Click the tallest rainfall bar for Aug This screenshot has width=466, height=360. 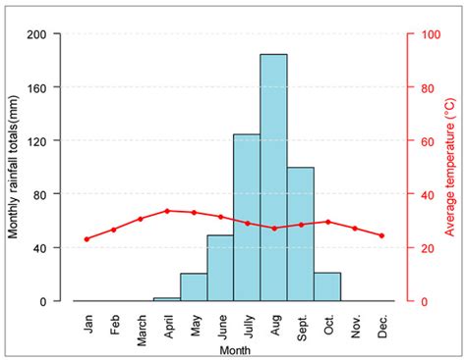tap(273, 177)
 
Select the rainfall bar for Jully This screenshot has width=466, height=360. tap(247, 217)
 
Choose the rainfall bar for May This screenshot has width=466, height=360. tap(194, 286)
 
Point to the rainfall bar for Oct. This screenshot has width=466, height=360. tap(326, 286)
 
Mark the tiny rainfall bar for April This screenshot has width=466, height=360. tap(167, 298)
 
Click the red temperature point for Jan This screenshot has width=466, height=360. tap(87, 238)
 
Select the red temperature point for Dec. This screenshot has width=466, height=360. tap(380, 235)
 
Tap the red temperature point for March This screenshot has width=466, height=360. tap(141, 219)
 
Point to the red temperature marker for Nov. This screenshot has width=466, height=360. tap(354, 228)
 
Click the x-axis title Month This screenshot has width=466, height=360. tap(234, 350)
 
